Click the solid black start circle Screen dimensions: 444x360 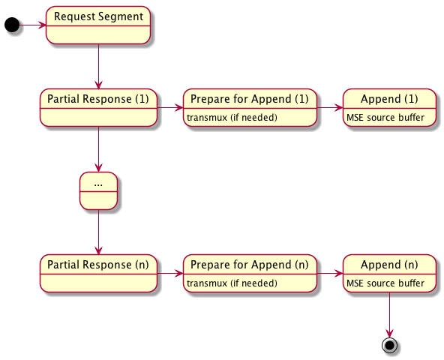tap(12, 25)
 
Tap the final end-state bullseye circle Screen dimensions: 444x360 tap(390, 345)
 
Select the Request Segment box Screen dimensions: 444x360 tap(98, 25)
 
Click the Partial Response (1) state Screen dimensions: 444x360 tap(98, 108)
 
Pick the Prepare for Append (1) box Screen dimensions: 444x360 tap(250, 108)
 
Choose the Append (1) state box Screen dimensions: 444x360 tap(389, 108)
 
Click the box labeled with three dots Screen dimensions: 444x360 tap(98, 190)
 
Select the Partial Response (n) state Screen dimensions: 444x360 tap(98, 273)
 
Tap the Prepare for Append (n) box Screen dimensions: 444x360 tap(250, 273)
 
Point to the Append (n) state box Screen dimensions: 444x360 tap(389, 273)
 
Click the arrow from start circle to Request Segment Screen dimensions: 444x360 tap(33, 25)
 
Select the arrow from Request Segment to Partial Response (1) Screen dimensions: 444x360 tap(98, 67)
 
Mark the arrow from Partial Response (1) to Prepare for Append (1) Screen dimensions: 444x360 tap(170, 108)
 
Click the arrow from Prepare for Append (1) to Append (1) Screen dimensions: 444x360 tap(329, 108)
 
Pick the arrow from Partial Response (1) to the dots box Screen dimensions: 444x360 tap(98, 149)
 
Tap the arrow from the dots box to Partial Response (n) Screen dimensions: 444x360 tap(98, 232)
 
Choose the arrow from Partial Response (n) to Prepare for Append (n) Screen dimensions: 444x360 tap(170, 273)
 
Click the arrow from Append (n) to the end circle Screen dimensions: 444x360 tap(390, 315)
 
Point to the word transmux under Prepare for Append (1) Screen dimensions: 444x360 tap(207, 118)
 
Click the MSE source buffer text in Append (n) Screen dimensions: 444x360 tap(385, 283)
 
